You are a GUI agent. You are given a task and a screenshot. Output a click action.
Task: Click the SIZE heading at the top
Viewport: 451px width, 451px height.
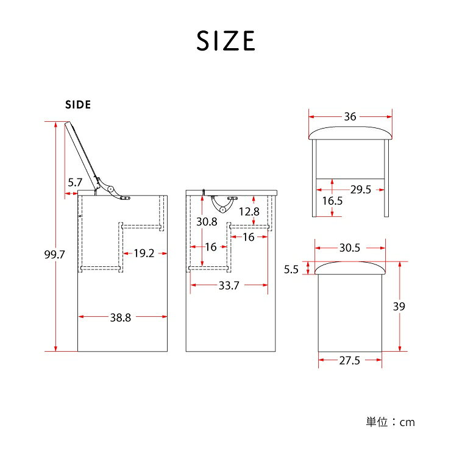pos(225,41)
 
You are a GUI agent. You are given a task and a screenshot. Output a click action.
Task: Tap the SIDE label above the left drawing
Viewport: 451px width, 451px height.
pos(78,105)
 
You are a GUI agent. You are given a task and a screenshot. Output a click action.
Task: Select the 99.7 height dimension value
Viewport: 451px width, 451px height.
pos(54,255)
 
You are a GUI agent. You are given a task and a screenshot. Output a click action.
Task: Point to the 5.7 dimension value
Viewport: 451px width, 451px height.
pos(75,182)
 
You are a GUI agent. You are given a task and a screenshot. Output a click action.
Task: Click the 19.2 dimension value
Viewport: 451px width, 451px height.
pos(144,254)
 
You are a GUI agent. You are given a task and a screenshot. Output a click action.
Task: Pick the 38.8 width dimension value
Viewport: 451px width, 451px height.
pos(121,318)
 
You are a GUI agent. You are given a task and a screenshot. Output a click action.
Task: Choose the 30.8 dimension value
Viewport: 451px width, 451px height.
pos(207,222)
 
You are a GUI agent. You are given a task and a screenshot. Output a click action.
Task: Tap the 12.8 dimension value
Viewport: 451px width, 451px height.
pos(249,211)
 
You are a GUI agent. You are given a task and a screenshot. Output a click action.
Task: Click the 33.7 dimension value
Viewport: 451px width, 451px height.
pos(229,286)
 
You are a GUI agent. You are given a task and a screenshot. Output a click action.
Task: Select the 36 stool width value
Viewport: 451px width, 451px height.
pos(350,116)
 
